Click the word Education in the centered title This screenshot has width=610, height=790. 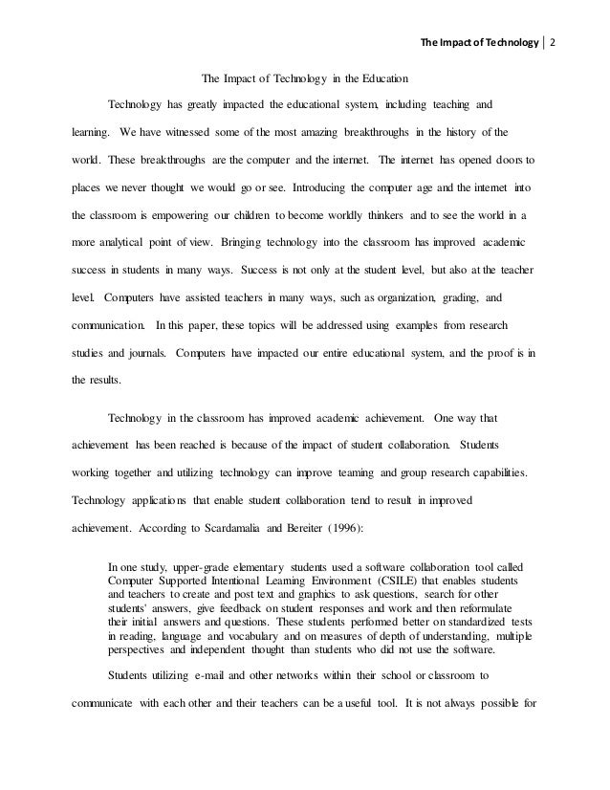(385, 77)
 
